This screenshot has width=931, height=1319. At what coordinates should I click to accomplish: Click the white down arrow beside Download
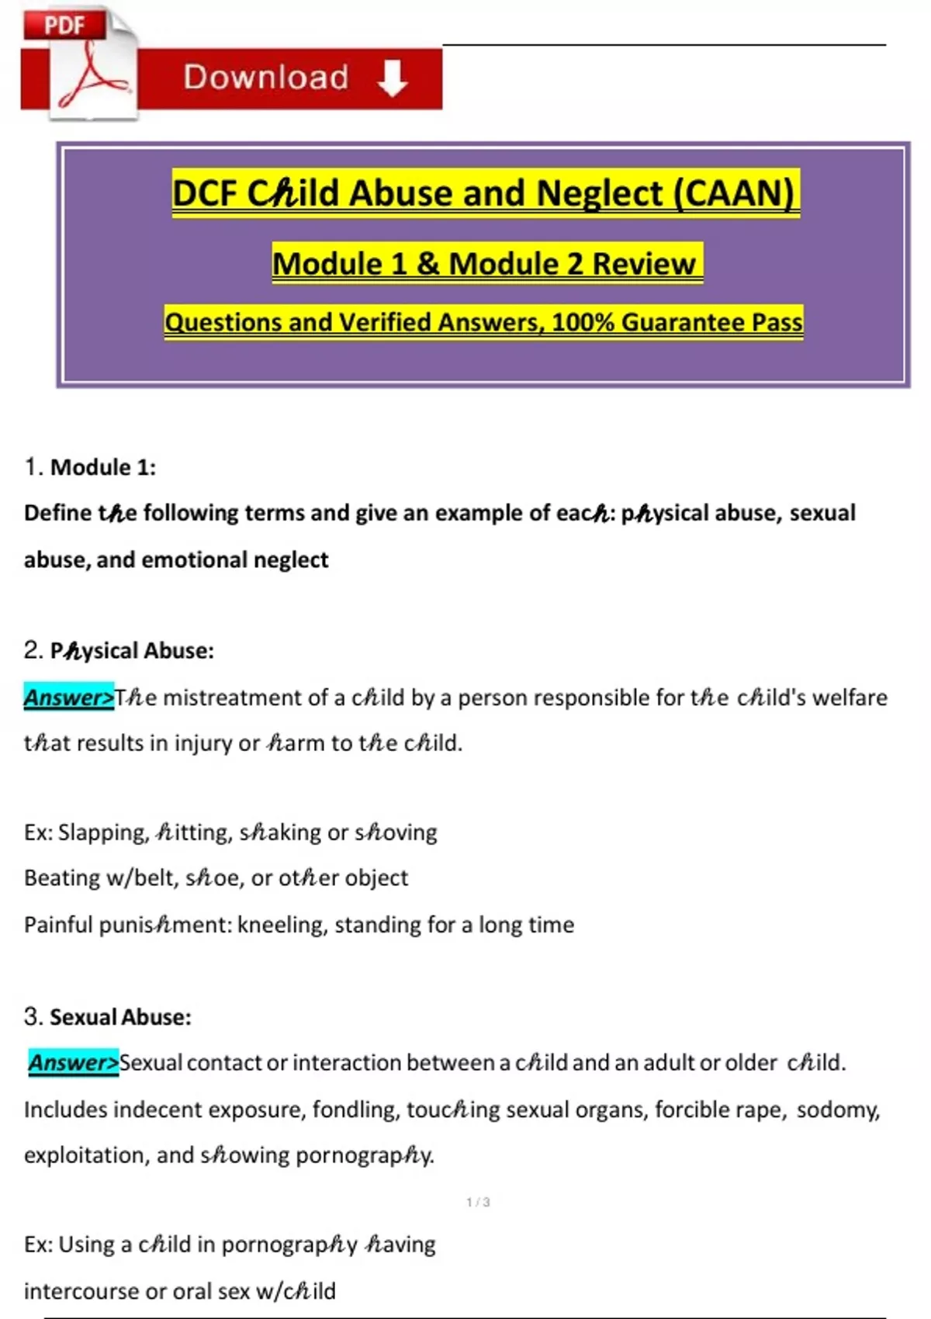[393, 78]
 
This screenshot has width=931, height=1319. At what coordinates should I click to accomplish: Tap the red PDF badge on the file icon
[64, 25]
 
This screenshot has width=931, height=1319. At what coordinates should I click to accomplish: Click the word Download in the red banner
[265, 78]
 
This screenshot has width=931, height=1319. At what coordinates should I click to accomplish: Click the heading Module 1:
[102, 467]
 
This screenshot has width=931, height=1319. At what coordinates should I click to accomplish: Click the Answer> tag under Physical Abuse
[68, 698]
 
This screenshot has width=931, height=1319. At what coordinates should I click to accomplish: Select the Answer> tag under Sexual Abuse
[74, 1062]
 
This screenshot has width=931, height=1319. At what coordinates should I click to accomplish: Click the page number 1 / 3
[478, 1203]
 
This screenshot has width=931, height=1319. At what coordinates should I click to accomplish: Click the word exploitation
[85, 1155]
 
